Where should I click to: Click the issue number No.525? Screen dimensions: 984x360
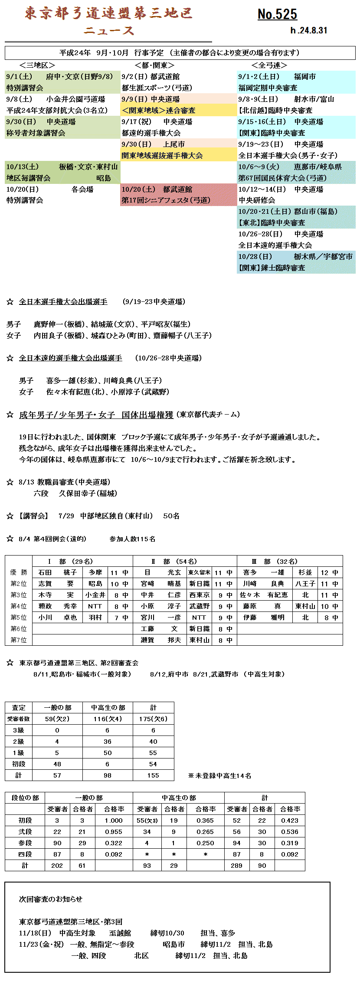click(277, 14)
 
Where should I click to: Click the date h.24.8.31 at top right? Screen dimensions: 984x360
click(309, 30)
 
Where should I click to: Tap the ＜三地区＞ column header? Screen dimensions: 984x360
click(37, 65)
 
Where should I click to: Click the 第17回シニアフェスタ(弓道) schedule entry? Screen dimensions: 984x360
click(166, 200)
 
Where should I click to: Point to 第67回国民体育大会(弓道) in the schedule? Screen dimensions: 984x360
click(282, 178)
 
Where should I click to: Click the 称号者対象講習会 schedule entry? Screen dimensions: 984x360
click(36, 133)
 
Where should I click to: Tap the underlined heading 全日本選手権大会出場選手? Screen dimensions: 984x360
click(63, 302)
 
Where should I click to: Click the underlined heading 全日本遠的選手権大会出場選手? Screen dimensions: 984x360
click(70, 358)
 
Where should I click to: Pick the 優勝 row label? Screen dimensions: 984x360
click(19, 572)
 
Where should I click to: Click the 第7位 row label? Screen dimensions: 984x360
click(19, 640)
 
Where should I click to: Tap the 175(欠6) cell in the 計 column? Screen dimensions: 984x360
click(153, 719)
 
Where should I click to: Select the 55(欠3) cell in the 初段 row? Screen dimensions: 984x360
click(147, 821)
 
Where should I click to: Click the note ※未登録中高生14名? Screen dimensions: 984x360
click(219, 776)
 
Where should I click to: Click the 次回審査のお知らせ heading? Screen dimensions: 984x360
click(51, 899)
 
